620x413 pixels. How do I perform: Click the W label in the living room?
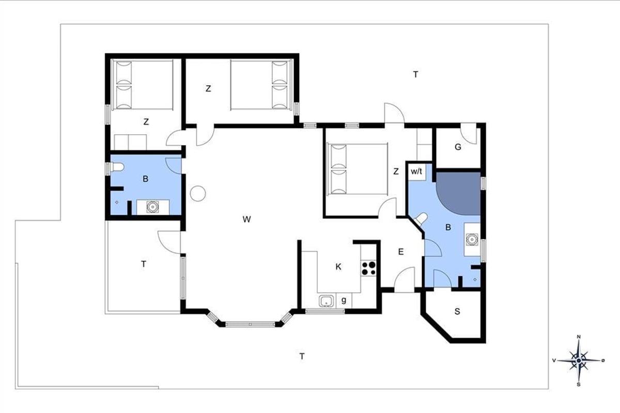[246, 219]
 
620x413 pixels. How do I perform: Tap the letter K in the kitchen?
[338, 267]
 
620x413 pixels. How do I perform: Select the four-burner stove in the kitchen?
[368, 268]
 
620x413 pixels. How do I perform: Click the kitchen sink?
[327, 301]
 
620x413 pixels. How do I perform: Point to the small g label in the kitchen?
[344, 300]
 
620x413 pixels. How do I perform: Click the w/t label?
[416, 171]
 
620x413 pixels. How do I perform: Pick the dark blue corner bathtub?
[458, 194]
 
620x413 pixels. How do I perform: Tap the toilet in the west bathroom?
[117, 167]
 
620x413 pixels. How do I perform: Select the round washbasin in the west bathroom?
[152, 206]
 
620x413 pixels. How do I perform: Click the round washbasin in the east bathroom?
[472, 239]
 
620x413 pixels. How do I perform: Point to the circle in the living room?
[198, 194]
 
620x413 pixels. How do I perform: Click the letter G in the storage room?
[458, 147]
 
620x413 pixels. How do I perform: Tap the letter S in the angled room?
[457, 311]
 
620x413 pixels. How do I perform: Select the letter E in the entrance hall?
[400, 252]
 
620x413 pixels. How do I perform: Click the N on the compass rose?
[579, 337]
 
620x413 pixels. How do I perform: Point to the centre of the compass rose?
[579, 360]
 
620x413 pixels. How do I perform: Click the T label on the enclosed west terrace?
[144, 264]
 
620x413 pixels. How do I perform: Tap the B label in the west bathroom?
[145, 179]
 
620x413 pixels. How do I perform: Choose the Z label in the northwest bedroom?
[146, 121]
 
